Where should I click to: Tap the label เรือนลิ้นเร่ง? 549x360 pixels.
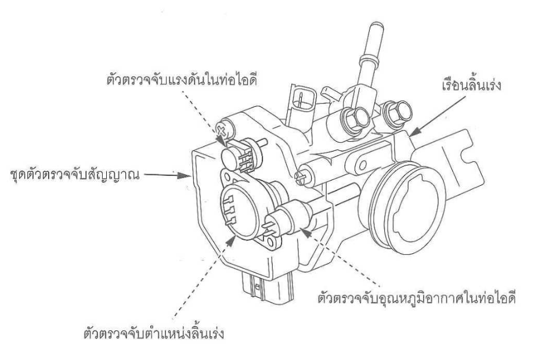(x=471, y=84)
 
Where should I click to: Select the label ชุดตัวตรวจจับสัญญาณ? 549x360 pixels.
(x=75, y=175)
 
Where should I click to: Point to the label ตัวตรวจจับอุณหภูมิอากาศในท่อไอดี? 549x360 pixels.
(x=417, y=297)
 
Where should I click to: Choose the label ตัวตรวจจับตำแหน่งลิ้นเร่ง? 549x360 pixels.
(x=154, y=332)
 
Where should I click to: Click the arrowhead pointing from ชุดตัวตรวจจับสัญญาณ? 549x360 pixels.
(x=184, y=175)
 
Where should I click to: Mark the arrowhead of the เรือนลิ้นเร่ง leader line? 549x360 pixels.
(x=416, y=132)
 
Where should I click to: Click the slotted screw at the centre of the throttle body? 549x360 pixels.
(x=301, y=177)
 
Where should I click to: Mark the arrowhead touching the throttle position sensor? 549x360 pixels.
(x=231, y=240)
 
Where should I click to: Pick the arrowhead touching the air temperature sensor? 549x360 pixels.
(x=306, y=232)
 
